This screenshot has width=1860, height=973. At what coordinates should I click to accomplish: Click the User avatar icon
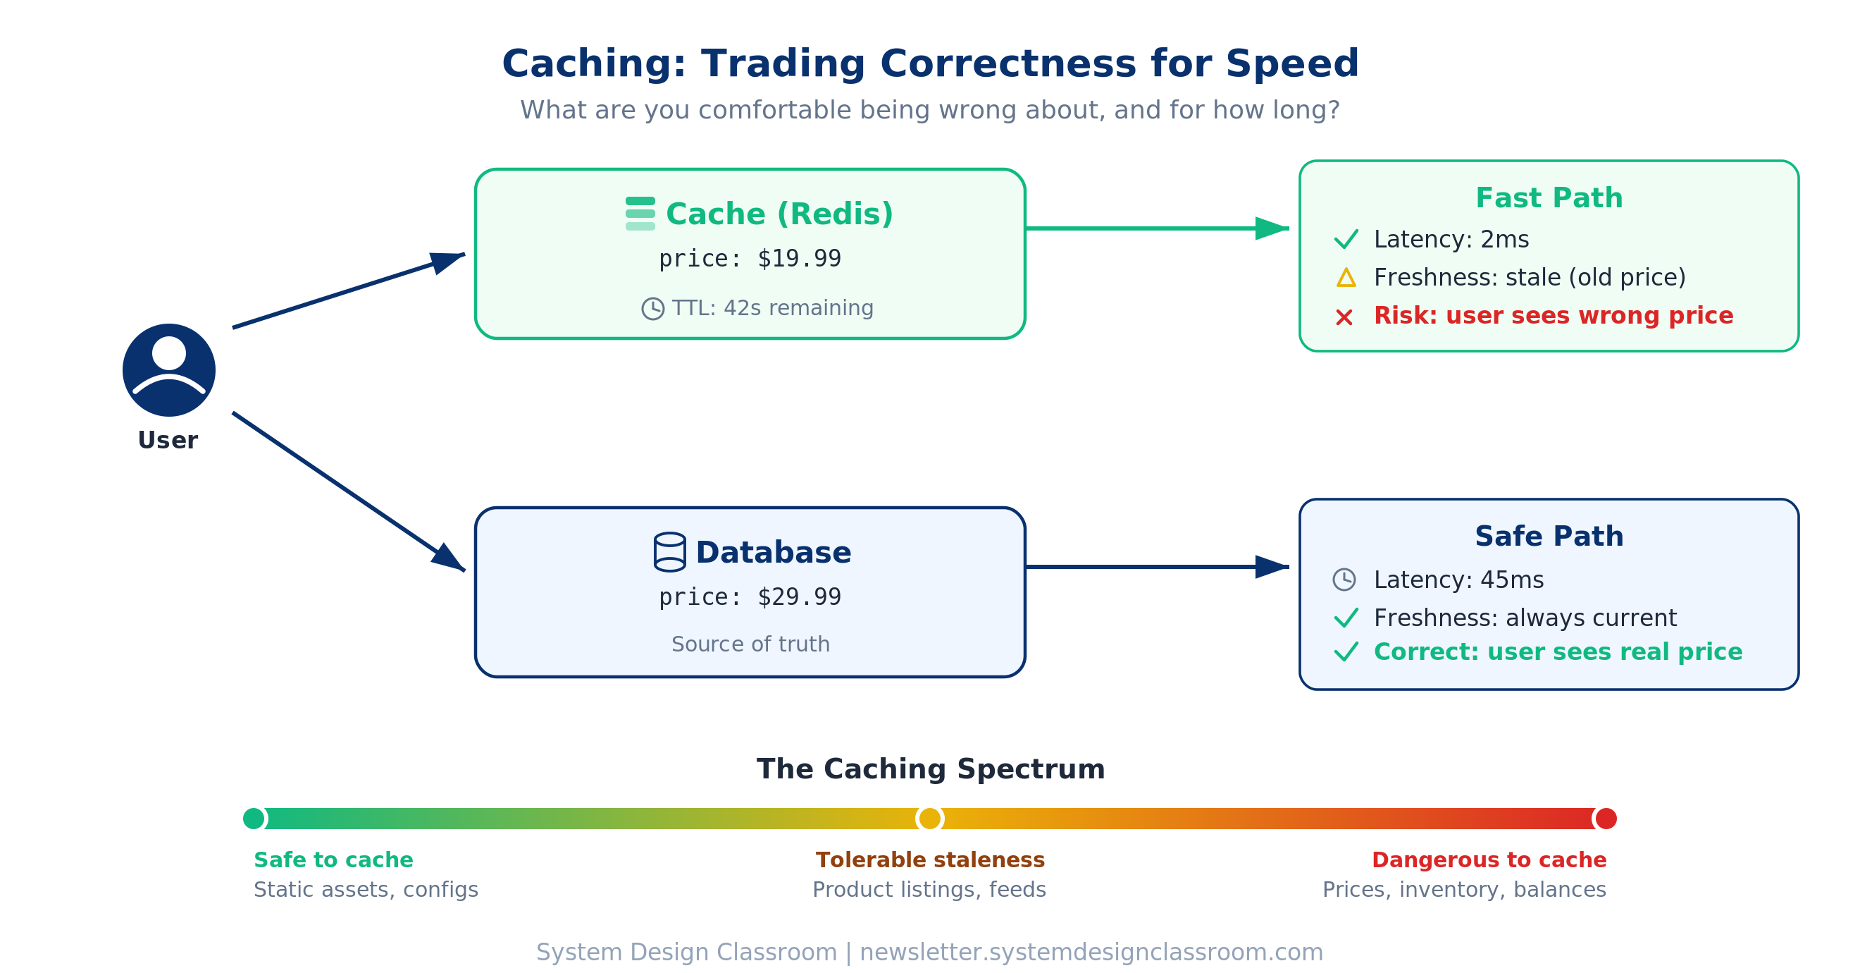[x=169, y=370]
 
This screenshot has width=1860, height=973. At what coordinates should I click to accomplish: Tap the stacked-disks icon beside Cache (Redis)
[x=640, y=214]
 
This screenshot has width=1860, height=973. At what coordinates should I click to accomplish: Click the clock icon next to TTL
[x=652, y=308]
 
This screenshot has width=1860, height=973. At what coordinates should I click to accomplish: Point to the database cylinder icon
[x=669, y=553]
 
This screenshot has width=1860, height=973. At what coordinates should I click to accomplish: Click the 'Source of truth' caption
[x=750, y=644]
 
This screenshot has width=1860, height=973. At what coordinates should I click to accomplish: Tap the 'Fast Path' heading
[x=1549, y=198]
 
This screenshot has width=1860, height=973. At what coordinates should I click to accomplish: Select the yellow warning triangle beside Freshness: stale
[x=1346, y=278]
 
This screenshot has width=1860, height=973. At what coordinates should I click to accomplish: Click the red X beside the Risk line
[x=1344, y=317]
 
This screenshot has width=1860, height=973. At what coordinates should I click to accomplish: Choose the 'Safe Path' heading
[x=1549, y=537]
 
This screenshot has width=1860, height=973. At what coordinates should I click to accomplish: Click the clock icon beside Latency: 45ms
[x=1344, y=580]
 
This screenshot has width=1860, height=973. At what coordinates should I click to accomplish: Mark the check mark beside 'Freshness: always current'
[x=1346, y=618]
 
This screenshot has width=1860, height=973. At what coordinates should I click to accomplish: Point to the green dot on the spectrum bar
[x=254, y=819]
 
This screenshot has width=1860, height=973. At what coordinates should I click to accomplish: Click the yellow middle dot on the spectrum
[x=929, y=819]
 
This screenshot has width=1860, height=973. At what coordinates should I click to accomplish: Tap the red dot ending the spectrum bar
[x=1605, y=819]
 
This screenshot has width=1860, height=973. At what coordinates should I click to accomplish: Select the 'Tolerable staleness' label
[x=929, y=860]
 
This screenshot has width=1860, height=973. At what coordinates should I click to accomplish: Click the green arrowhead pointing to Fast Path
[x=1271, y=228]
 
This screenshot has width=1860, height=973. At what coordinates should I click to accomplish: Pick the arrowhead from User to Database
[x=447, y=558]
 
